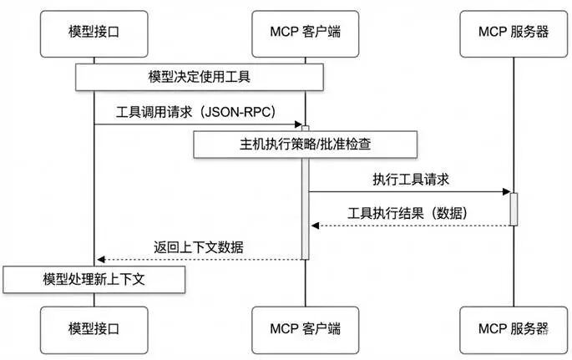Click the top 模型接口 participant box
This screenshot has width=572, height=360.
point(95,30)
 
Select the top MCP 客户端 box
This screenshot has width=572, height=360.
point(305,30)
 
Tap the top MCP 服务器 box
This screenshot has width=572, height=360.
point(514,30)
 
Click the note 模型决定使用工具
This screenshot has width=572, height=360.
point(200,77)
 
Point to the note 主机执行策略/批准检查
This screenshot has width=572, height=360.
point(306,144)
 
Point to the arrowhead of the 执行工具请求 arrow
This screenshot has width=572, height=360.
point(506,192)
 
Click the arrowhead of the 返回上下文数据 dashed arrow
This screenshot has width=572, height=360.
point(100,259)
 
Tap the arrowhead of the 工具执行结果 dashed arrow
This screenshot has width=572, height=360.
point(314,226)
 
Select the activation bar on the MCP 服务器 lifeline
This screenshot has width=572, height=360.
point(514,209)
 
